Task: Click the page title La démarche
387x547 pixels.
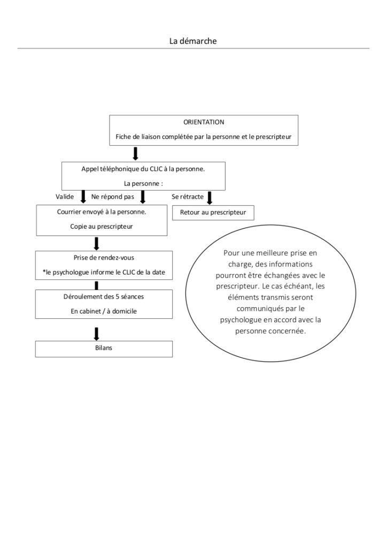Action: click(x=193, y=41)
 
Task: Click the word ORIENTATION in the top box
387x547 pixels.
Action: click(x=204, y=122)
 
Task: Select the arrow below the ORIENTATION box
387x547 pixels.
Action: click(x=136, y=153)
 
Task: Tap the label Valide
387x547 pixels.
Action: click(x=65, y=197)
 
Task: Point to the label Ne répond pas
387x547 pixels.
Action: click(x=113, y=197)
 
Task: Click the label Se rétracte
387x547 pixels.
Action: click(x=188, y=197)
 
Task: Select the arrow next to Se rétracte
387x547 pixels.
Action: click(x=210, y=198)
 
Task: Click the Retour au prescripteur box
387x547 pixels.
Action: click(x=213, y=213)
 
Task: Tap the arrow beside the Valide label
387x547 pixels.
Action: click(x=83, y=197)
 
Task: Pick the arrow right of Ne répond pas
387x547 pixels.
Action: click(x=142, y=197)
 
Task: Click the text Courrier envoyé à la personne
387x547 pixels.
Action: click(x=102, y=212)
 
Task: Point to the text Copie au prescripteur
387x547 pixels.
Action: click(x=102, y=226)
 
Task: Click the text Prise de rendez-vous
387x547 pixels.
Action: click(x=104, y=258)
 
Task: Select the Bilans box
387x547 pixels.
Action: click(x=104, y=349)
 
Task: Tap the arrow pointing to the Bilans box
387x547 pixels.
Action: click(x=97, y=333)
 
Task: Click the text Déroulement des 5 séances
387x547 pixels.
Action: click(x=104, y=297)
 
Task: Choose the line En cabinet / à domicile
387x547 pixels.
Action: click(x=104, y=311)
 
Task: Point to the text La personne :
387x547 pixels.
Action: click(x=143, y=184)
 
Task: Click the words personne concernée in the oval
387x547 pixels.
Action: click(x=270, y=331)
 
